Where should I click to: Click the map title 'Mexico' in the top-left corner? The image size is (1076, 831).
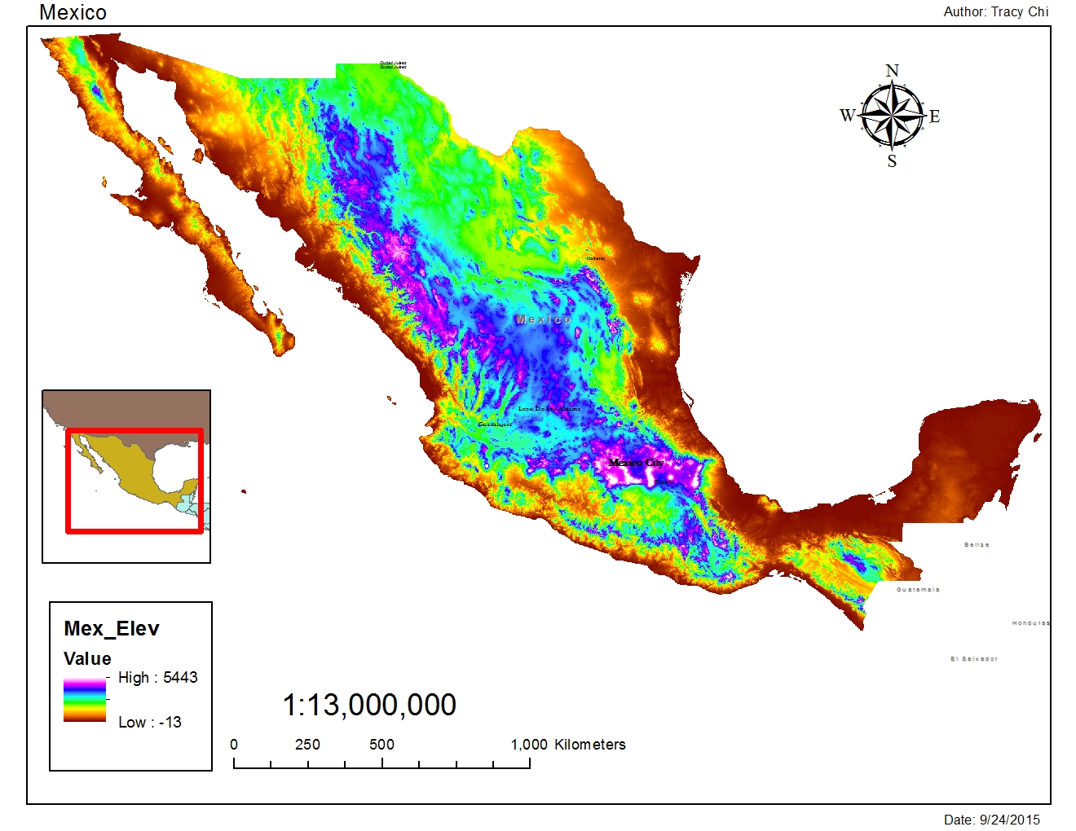pyautogui.click(x=73, y=12)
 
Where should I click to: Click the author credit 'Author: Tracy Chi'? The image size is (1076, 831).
pyautogui.click(x=995, y=11)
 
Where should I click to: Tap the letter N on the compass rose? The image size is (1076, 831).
pyautogui.click(x=892, y=71)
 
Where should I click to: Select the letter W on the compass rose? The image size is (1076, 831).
pyautogui.click(x=848, y=116)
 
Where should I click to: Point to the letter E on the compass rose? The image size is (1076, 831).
pyautogui.click(x=934, y=117)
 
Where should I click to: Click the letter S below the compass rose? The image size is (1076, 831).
pyautogui.click(x=892, y=161)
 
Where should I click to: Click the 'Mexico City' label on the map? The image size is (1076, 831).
pyautogui.click(x=636, y=463)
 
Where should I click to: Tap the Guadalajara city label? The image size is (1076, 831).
pyautogui.click(x=495, y=424)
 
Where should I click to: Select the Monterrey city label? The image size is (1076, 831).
pyautogui.click(x=596, y=258)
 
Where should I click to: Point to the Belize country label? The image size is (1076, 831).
pyautogui.click(x=977, y=544)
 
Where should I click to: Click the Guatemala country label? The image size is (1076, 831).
pyautogui.click(x=918, y=589)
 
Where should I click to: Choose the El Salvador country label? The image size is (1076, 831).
pyautogui.click(x=973, y=658)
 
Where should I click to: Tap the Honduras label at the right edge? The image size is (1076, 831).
pyautogui.click(x=1031, y=623)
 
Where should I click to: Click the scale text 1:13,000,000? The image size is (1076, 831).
pyautogui.click(x=369, y=705)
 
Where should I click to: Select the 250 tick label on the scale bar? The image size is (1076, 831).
pyautogui.click(x=307, y=745)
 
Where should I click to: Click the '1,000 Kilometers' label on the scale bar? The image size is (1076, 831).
pyautogui.click(x=568, y=745)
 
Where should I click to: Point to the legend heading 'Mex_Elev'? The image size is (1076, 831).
pyautogui.click(x=112, y=628)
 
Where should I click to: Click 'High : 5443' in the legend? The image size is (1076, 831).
pyautogui.click(x=157, y=678)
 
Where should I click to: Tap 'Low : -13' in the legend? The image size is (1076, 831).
pyautogui.click(x=150, y=722)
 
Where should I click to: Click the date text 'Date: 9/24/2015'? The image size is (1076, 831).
pyautogui.click(x=991, y=820)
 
